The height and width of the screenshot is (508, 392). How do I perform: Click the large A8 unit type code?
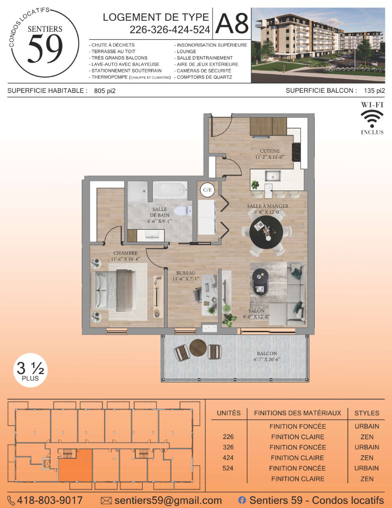click(x=232, y=23)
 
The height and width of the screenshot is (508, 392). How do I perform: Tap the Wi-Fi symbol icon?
click(x=372, y=119)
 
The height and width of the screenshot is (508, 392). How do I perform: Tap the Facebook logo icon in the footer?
click(x=242, y=500)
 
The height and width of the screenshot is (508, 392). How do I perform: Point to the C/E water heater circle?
click(x=207, y=190)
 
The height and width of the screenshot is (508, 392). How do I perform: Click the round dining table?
click(x=266, y=232)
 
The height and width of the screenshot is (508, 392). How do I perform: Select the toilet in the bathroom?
click(x=183, y=211)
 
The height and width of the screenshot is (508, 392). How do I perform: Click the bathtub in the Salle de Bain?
click(x=170, y=190)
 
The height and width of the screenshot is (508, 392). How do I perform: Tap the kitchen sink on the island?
click(x=273, y=176)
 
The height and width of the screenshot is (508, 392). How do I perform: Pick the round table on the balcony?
click(x=198, y=348)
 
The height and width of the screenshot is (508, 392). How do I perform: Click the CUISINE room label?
click(x=270, y=151)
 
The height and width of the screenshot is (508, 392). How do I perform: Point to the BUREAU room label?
click(x=186, y=273)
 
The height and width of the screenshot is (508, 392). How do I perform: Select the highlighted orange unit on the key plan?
click(x=75, y=465)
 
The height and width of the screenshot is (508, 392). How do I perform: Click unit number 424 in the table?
click(x=228, y=458)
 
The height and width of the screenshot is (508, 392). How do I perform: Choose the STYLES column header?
click(x=367, y=413)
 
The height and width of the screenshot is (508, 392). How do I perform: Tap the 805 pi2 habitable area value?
click(x=105, y=91)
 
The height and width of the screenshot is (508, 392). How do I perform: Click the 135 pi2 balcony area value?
click(x=375, y=91)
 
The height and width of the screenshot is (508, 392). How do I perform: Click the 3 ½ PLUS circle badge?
click(x=30, y=370)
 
